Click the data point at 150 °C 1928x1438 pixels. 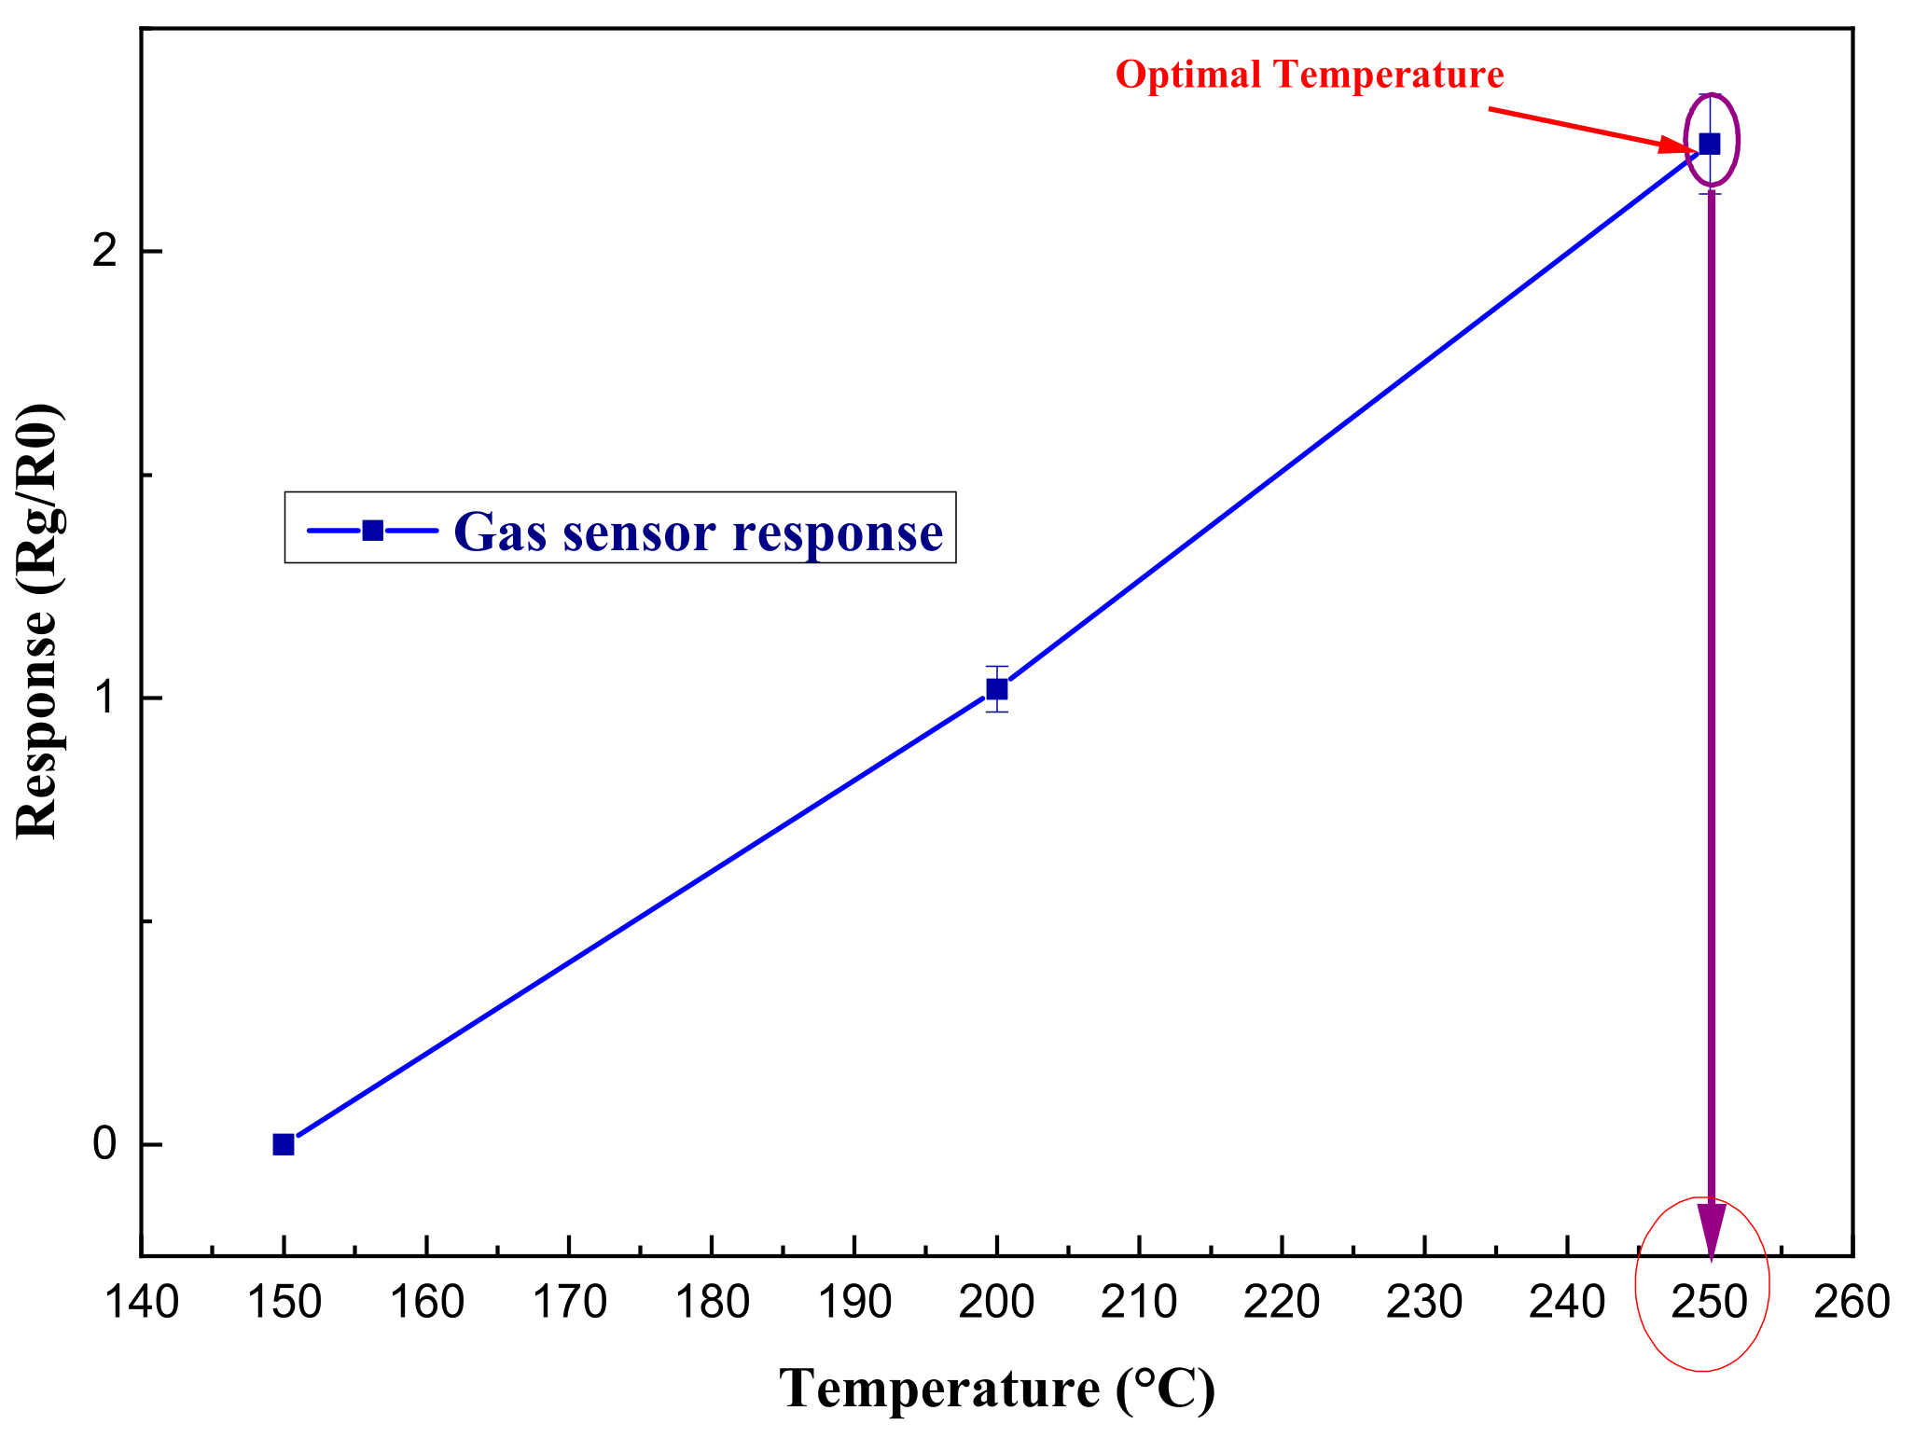pyautogui.click(x=284, y=1144)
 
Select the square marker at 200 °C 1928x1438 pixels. pyautogui.click(x=997, y=689)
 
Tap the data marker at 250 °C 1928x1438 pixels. pyautogui.click(x=1710, y=144)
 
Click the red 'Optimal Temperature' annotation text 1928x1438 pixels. pyautogui.click(x=1310, y=75)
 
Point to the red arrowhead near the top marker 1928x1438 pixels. pyautogui.click(x=1678, y=145)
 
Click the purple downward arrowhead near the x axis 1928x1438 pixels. pyautogui.click(x=1712, y=1228)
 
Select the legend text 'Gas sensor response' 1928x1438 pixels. pyautogui.click(x=698, y=532)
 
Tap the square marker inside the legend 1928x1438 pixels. pyautogui.click(x=373, y=530)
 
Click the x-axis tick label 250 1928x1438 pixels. pyautogui.click(x=1710, y=1302)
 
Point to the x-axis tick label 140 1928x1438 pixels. pyautogui.click(x=141, y=1302)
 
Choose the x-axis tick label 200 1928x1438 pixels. pyautogui.click(x=997, y=1302)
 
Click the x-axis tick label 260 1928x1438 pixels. pyautogui.click(x=1852, y=1302)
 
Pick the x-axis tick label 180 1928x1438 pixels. pyautogui.click(x=712, y=1302)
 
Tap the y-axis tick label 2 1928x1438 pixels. pyautogui.click(x=105, y=252)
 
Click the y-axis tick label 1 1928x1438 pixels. pyautogui.click(x=105, y=698)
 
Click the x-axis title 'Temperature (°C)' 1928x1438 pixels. pyautogui.click(x=997, y=1389)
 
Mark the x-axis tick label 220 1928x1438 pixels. pyautogui.click(x=1282, y=1302)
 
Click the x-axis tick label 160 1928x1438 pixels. pyautogui.click(x=426, y=1302)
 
